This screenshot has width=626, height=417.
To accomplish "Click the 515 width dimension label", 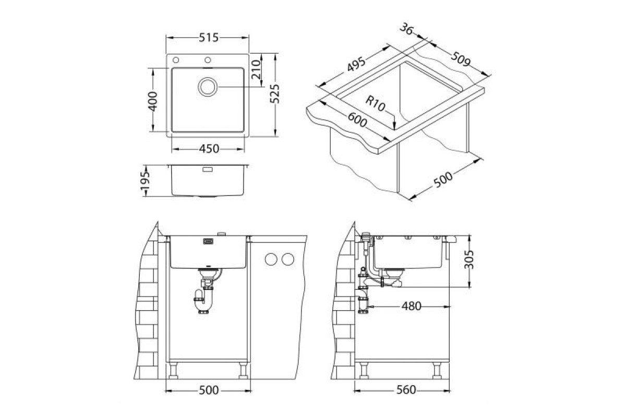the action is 209,38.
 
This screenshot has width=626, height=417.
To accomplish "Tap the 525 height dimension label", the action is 275,94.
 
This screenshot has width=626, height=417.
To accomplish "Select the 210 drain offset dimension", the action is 256,69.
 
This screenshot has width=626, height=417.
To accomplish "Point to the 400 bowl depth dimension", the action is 152,101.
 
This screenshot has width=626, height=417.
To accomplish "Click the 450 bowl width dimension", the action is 209,149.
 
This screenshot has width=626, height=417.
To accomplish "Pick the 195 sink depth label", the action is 145,180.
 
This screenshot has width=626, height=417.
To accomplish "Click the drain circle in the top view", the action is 208,87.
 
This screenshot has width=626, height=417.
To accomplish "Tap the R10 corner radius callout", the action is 375,103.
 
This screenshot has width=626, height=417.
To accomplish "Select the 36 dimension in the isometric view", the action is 406,29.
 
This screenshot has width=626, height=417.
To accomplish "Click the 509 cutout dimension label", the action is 461,59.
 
